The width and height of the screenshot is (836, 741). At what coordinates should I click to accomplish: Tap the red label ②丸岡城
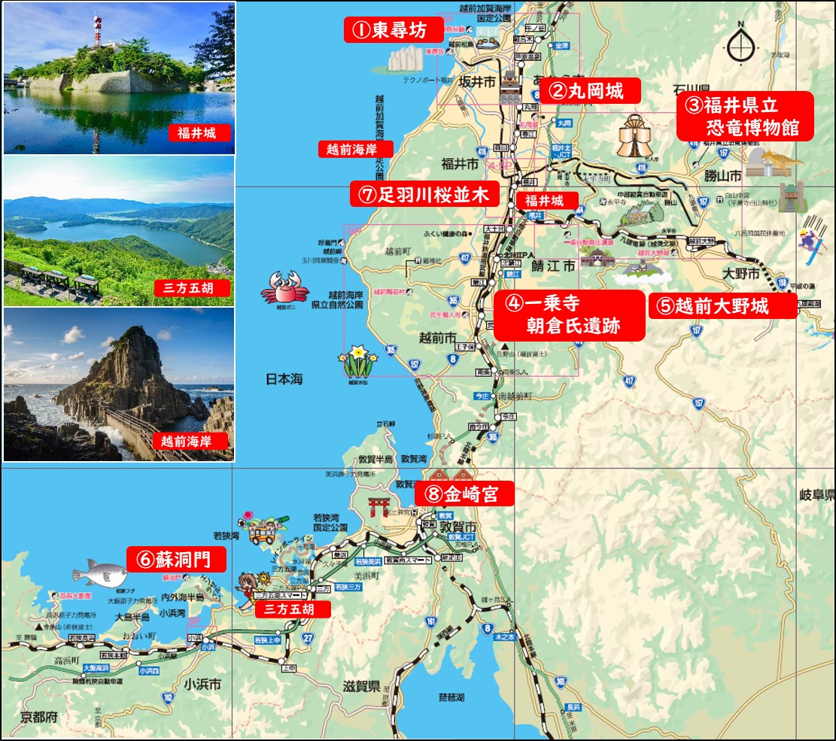[x=589, y=92]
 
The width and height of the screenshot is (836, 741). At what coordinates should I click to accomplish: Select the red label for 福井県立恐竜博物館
[x=744, y=116]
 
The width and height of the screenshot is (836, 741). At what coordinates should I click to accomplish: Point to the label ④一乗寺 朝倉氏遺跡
[x=570, y=314]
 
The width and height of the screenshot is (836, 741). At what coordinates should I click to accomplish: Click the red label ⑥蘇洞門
[x=177, y=559]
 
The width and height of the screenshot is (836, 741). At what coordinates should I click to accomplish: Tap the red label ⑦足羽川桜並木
[x=424, y=195]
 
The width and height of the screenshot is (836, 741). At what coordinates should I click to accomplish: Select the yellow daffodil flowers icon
[x=357, y=363]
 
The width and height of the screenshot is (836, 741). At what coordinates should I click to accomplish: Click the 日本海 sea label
[x=284, y=379]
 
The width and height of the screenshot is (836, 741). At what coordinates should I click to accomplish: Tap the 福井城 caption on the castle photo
[x=197, y=134]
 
